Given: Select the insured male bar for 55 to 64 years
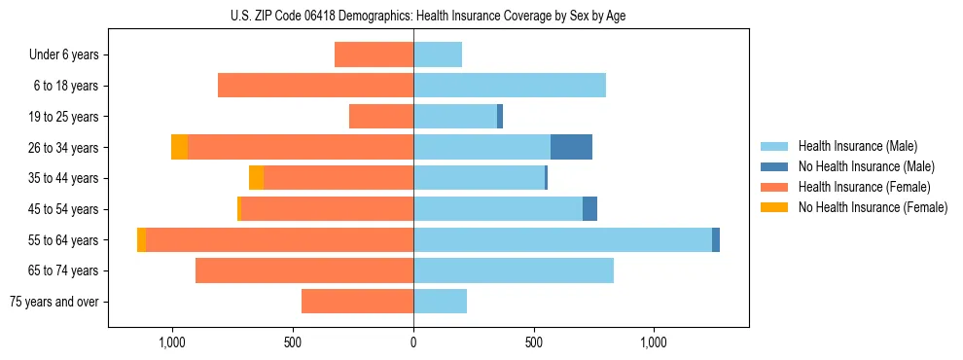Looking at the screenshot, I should point(562,239).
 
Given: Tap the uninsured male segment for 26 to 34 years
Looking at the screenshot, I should point(571,147).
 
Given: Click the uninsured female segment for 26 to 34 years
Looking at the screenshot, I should point(179,147).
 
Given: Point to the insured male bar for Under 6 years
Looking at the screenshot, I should point(438,54).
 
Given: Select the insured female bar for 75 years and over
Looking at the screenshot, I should point(357,302).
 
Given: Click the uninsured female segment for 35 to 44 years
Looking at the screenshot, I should point(256,178).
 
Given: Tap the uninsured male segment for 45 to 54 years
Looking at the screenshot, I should point(589,209).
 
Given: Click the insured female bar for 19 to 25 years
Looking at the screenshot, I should point(381,117).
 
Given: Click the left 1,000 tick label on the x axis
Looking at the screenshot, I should point(172,342).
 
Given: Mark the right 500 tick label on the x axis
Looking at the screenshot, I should point(533,342).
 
